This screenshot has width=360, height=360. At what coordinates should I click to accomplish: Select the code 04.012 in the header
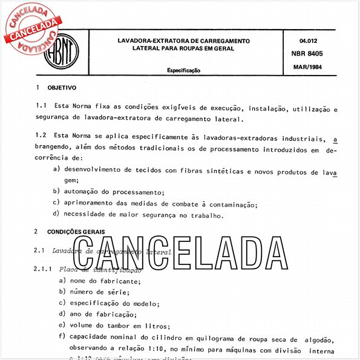coord(309,41)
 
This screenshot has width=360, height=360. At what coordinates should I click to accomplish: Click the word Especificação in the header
coord(183,70)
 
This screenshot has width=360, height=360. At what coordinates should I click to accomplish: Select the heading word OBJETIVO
coord(62,88)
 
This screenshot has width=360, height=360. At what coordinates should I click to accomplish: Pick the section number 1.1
coord(42,108)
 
